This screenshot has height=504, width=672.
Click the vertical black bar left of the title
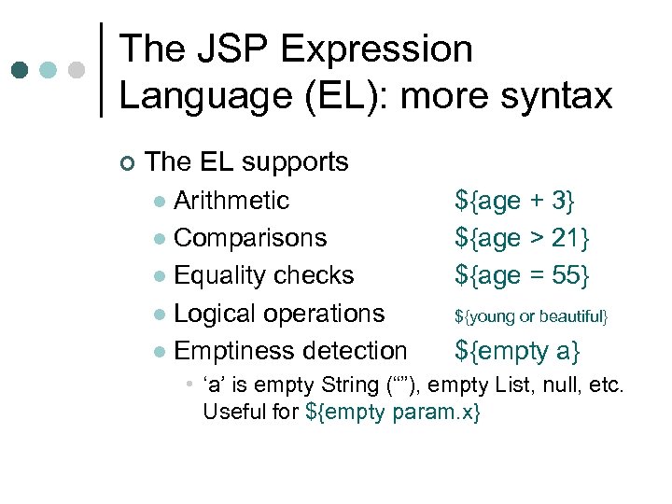101,70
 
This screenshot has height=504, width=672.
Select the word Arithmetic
231,201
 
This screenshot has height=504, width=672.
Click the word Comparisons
250,238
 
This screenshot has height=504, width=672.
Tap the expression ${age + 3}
515,201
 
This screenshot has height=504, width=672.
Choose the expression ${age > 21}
522,238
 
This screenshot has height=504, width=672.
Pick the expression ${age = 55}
522,275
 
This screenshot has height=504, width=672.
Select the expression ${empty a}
517,351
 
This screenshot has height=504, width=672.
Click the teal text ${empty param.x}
392,412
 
